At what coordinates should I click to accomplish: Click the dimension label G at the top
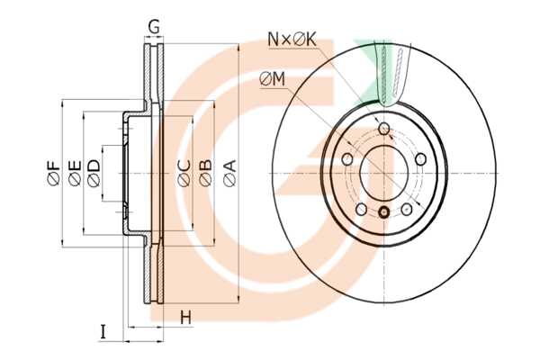coord(155,26)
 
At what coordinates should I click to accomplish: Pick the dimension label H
coord(185,317)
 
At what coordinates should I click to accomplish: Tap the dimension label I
coord(103,332)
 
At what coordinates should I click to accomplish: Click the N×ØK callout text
coord(292,40)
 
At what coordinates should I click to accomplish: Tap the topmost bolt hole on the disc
coord(384,130)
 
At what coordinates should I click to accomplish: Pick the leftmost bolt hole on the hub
coord(346,158)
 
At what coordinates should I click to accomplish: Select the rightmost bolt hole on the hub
coord(421,158)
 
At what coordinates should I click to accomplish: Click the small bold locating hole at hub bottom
coord(383,212)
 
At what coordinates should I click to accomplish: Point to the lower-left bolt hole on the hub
coord(361,209)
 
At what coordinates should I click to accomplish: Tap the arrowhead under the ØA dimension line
coord(236,298)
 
